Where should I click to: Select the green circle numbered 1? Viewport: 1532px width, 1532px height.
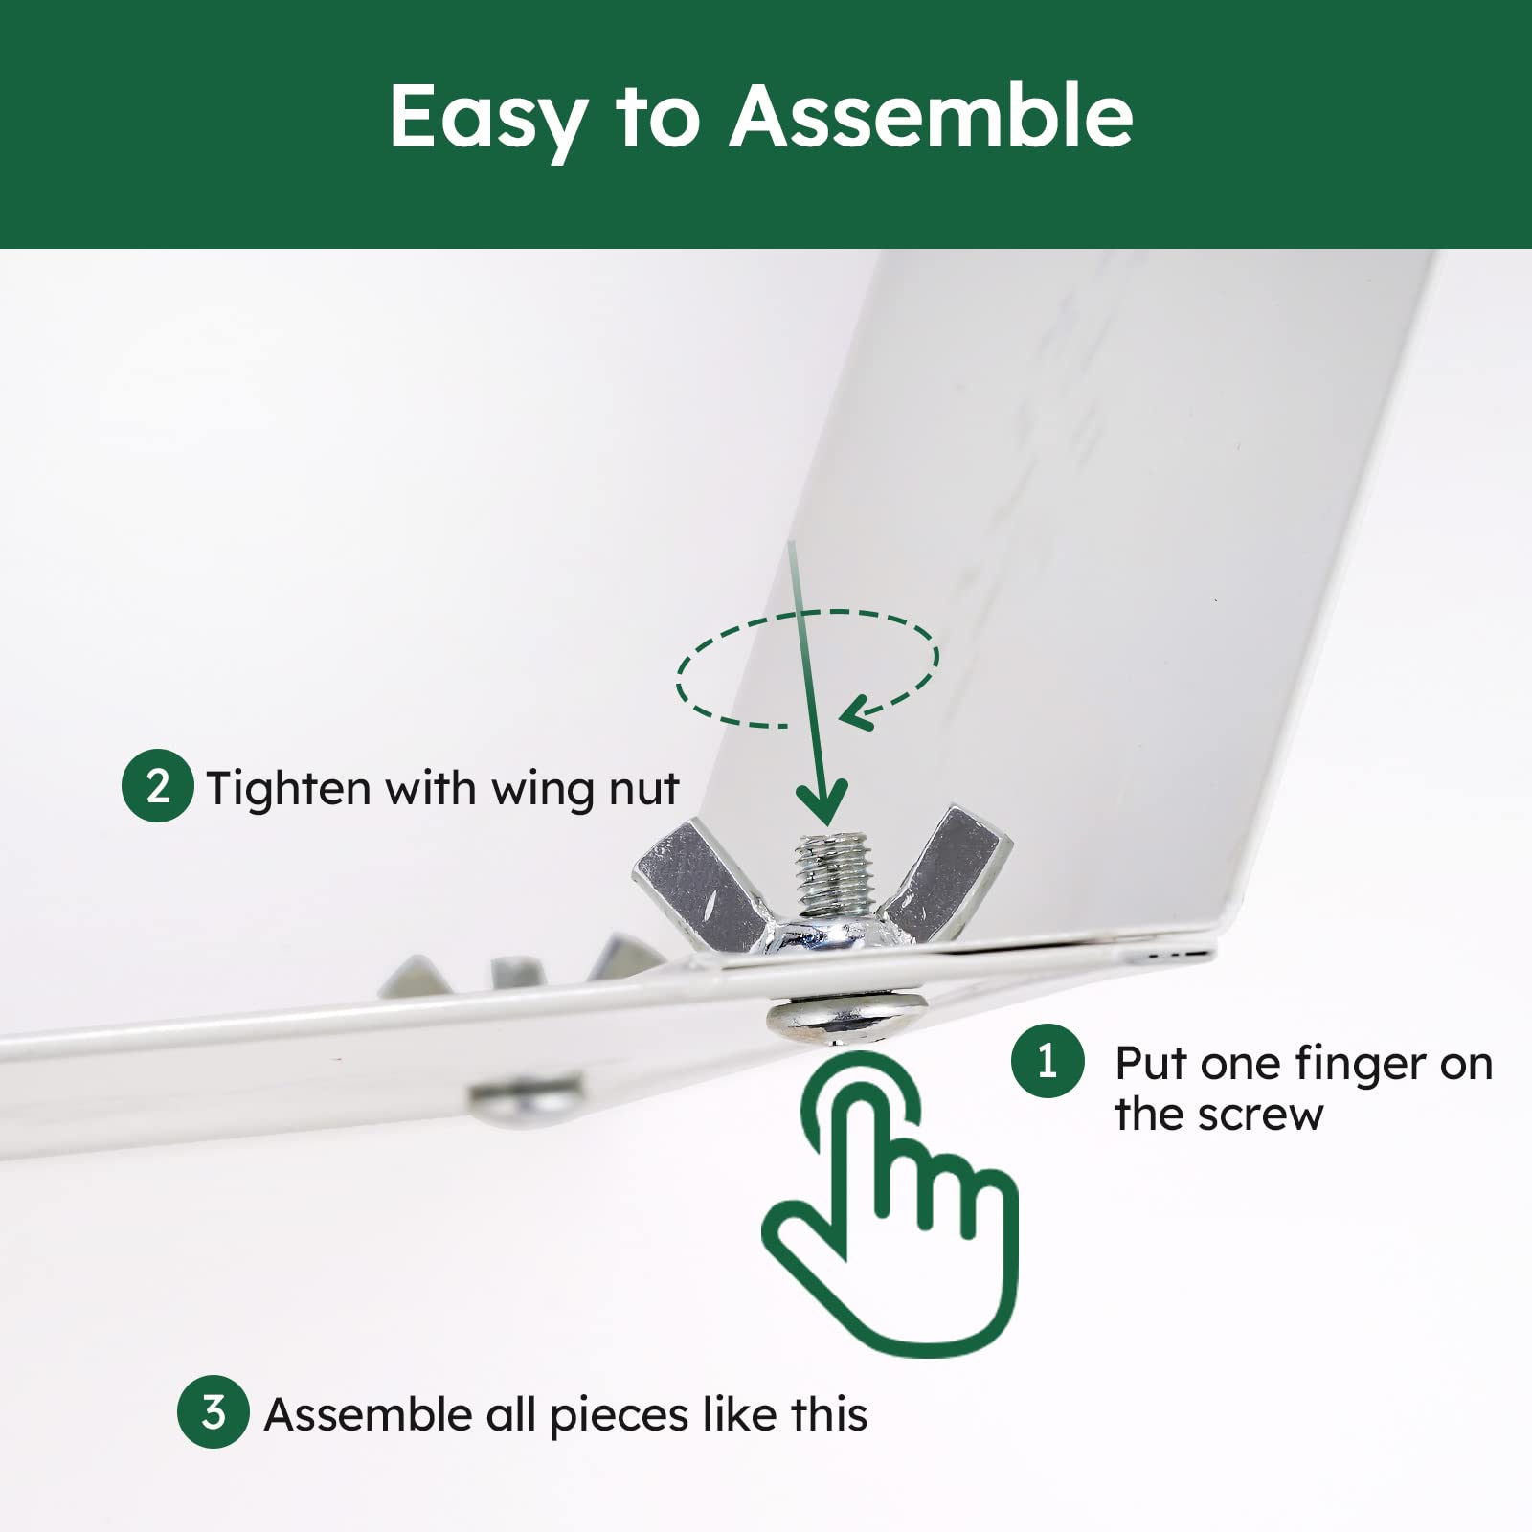(x=1048, y=1061)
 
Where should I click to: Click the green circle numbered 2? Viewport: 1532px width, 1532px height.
(x=158, y=786)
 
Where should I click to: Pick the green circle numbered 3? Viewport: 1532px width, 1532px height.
(x=214, y=1412)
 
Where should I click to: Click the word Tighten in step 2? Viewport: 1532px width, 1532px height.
(x=289, y=789)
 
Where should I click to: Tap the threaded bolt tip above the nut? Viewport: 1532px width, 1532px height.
(x=835, y=874)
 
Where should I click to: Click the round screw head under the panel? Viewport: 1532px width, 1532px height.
(x=846, y=1017)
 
